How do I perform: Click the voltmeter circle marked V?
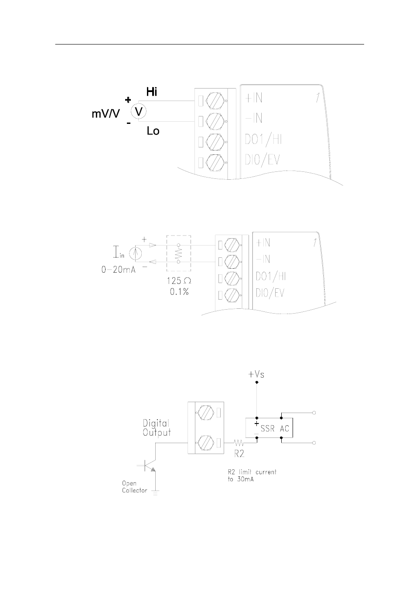coord(139,111)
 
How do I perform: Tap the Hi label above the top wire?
coord(152,92)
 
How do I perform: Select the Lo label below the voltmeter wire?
coord(153,131)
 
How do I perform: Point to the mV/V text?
coord(106,114)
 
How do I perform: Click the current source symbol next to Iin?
coord(135,254)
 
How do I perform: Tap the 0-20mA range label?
coord(119,270)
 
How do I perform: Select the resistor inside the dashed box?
coord(179,253)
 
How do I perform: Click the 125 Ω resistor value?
coord(179,281)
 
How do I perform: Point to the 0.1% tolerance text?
coord(179,292)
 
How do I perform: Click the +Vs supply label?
coord(256,374)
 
